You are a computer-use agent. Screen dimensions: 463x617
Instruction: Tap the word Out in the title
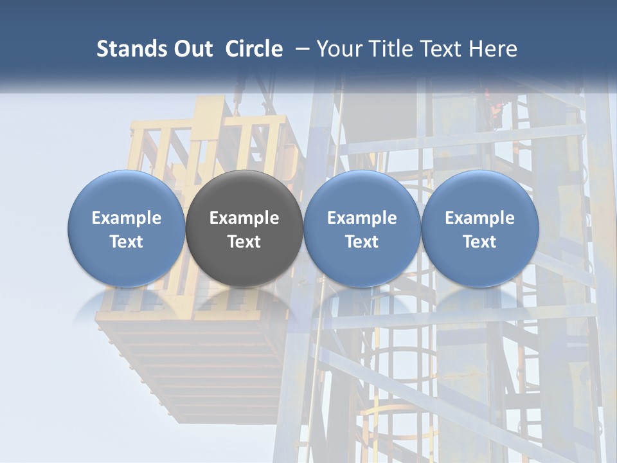(192, 49)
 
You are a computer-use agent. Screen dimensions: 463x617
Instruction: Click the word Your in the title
(337, 49)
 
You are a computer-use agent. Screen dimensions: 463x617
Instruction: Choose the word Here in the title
(493, 49)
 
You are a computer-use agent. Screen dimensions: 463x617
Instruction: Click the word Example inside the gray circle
(244, 218)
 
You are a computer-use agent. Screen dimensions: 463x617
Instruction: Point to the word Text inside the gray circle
(244, 242)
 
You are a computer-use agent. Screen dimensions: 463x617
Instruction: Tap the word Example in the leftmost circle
(126, 218)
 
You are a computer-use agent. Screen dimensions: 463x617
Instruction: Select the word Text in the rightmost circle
(479, 242)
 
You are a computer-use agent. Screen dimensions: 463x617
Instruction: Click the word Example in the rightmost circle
(479, 218)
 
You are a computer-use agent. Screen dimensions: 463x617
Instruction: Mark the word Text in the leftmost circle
(126, 242)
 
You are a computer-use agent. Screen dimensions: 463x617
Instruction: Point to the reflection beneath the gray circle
(244, 302)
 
